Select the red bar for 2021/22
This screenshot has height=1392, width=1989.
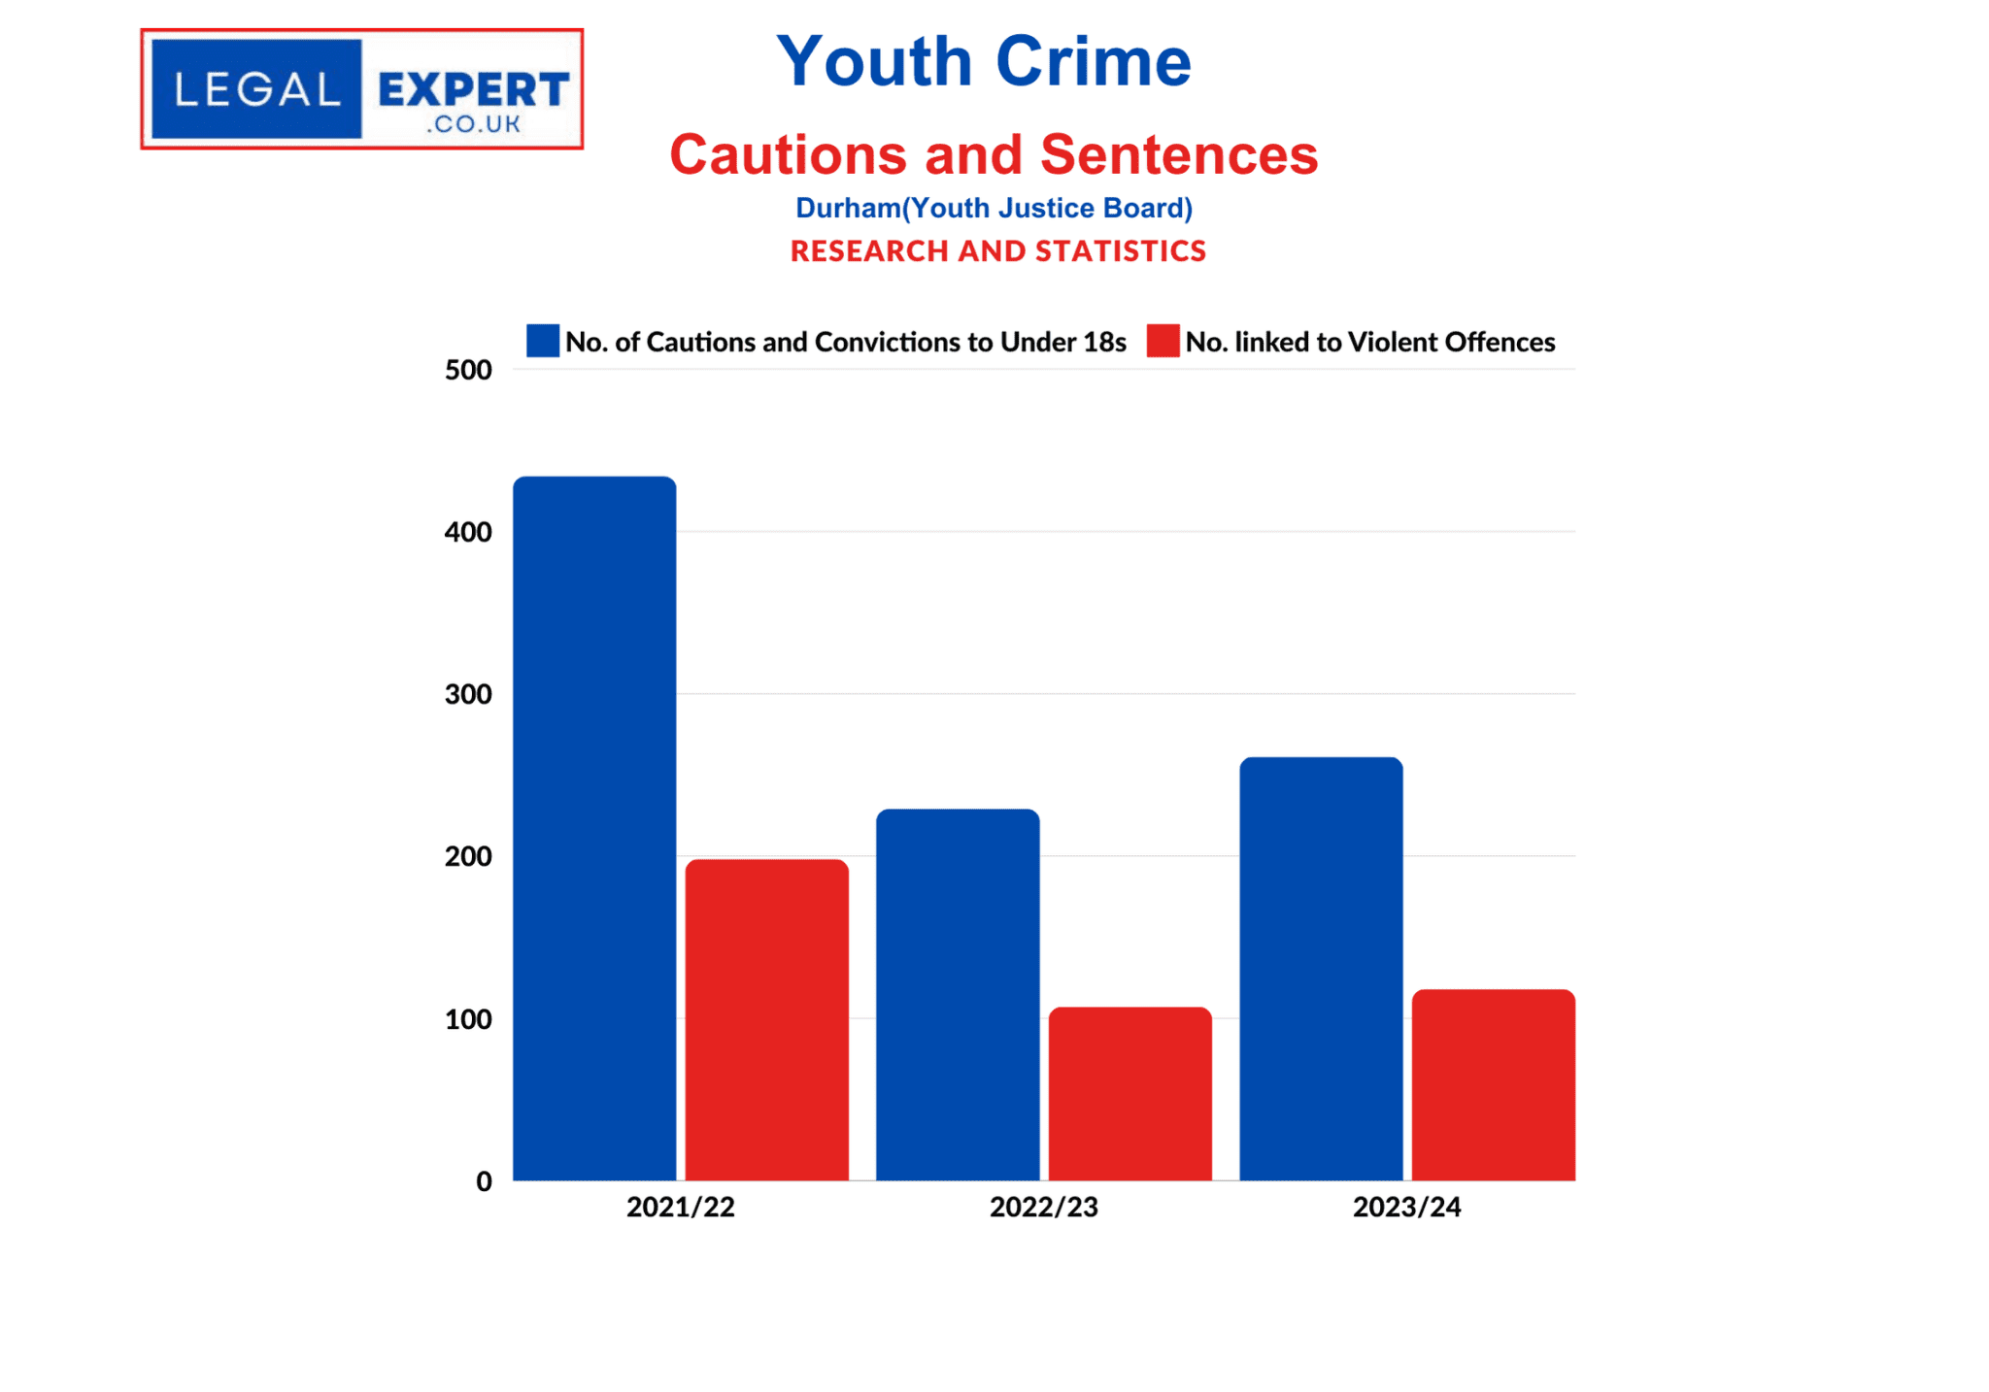point(766,1019)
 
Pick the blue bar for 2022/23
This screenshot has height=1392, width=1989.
point(958,994)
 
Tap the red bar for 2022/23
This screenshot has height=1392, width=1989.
point(1129,1093)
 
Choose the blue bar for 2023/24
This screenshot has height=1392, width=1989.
point(1321,969)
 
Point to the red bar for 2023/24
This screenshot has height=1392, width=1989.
point(1493,1084)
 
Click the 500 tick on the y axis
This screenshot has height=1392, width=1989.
point(468,370)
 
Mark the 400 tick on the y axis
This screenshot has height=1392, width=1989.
point(468,532)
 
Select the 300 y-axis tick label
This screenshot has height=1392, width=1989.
point(468,694)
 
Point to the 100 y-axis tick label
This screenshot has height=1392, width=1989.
point(468,1019)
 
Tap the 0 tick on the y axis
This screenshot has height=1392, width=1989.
point(484,1181)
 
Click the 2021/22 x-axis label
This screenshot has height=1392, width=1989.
point(680,1207)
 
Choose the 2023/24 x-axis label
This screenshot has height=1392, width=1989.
point(1406,1207)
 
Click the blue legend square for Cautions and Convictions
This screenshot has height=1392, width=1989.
point(543,341)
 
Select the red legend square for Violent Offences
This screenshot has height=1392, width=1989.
point(1163,341)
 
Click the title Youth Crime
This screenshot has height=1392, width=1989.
point(983,61)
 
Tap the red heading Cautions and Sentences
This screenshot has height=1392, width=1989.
point(994,154)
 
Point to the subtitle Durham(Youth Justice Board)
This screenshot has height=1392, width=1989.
point(994,208)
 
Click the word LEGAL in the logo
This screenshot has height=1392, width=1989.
point(257,89)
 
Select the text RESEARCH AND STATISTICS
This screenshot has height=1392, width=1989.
point(997,251)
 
